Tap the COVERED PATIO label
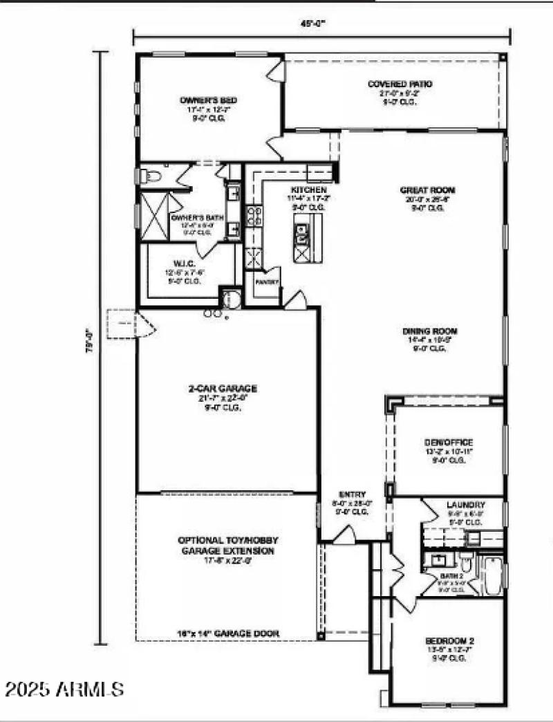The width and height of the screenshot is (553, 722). [400, 84]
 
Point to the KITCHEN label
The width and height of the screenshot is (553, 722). [308, 190]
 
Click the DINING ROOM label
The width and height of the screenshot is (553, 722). [430, 331]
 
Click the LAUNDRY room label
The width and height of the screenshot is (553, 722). [465, 505]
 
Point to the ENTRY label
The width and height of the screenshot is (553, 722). [352, 494]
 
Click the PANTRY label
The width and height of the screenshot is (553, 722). [266, 282]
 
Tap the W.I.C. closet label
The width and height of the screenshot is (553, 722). [183, 264]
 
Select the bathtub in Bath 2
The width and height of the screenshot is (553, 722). [493, 576]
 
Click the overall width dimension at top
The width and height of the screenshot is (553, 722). [319, 23]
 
